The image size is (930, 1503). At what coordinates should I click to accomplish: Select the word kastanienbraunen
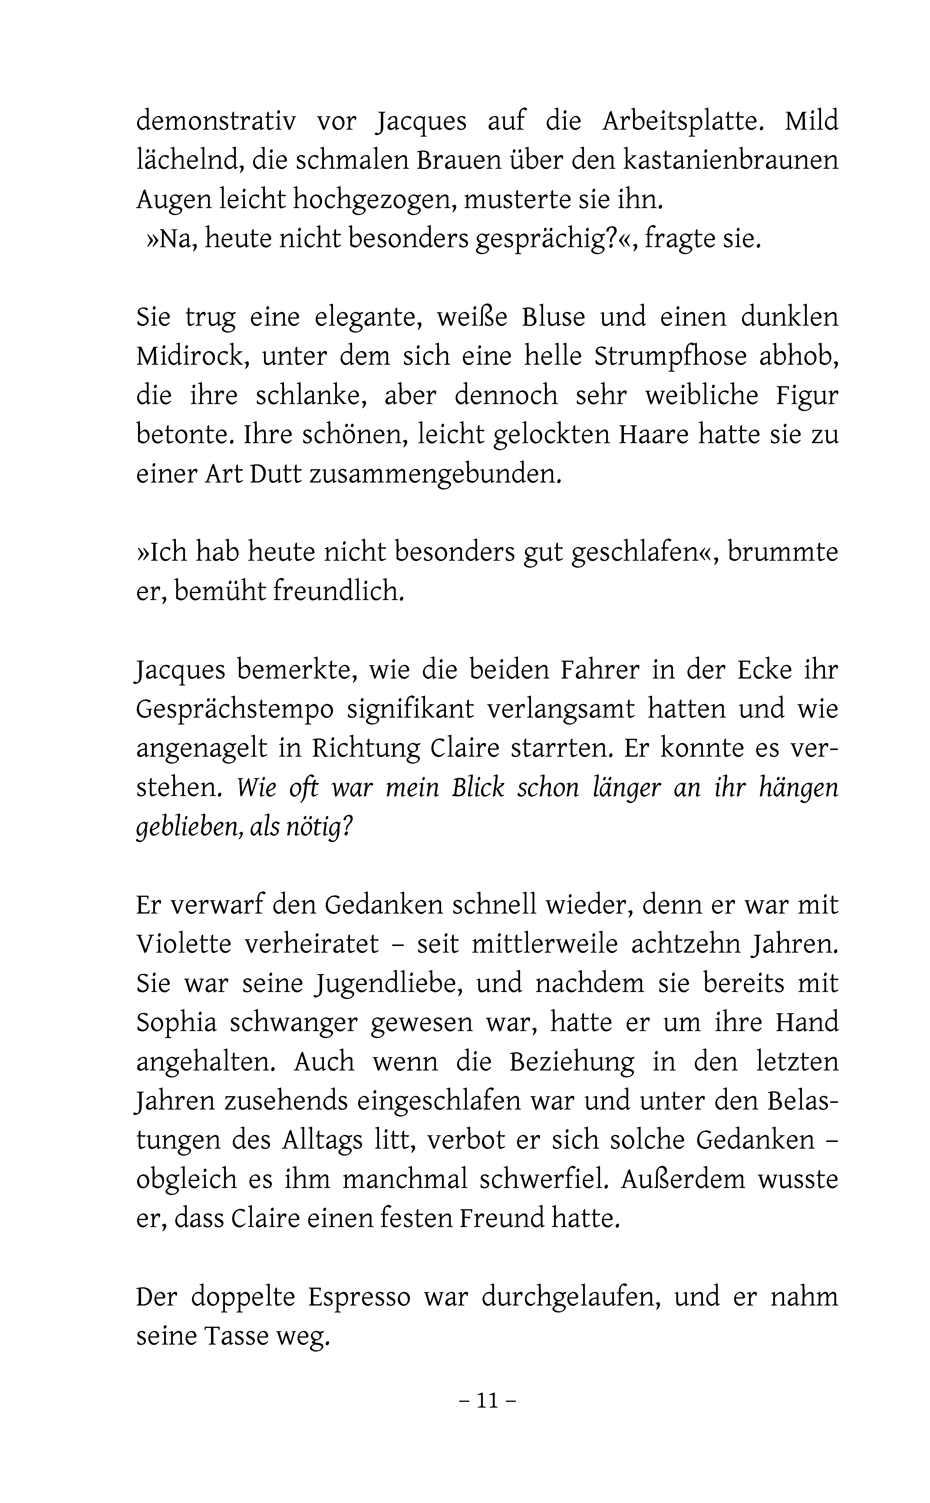(731, 161)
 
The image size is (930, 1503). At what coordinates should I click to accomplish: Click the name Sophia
(176, 1023)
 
